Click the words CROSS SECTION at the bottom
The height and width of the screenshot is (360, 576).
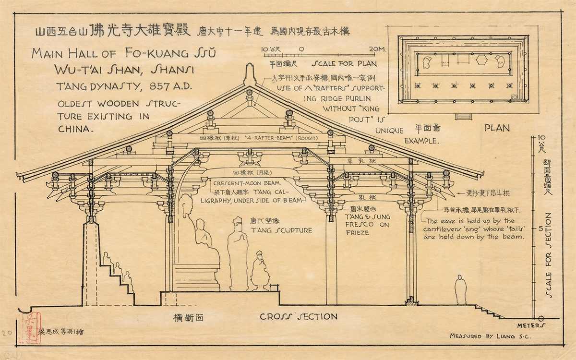(x=299, y=316)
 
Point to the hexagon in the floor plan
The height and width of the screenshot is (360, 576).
(x=480, y=61)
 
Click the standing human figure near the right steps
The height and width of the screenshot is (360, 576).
(x=461, y=289)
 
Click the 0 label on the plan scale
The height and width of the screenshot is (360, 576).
(x=301, y=48)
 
